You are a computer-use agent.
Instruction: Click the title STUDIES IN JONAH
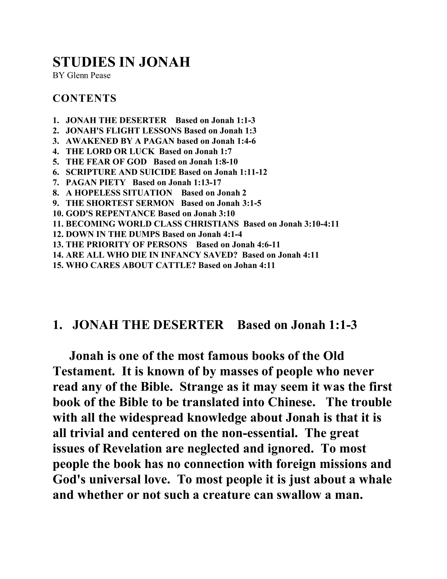121,62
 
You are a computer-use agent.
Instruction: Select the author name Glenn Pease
89,76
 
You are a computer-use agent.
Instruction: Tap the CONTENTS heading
84,98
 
